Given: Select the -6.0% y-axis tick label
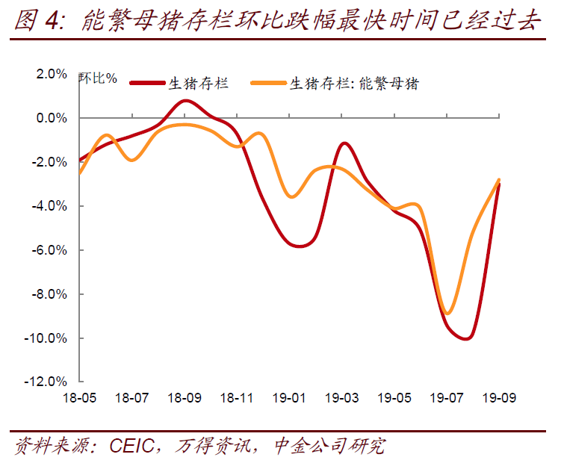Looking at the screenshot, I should click(50, 250).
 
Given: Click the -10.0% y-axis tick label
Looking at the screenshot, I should click(48, 338).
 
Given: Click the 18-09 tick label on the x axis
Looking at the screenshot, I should click(184, 398).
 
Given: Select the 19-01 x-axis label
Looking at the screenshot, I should click(289, 398).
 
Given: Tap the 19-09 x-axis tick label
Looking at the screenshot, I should click(499, 398).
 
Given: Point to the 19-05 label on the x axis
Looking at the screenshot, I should click(394, 398).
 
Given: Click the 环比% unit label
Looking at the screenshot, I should click(98, 77).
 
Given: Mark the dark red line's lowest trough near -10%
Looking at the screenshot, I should click(466, 338).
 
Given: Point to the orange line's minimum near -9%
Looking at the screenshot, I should click(447, 312).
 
